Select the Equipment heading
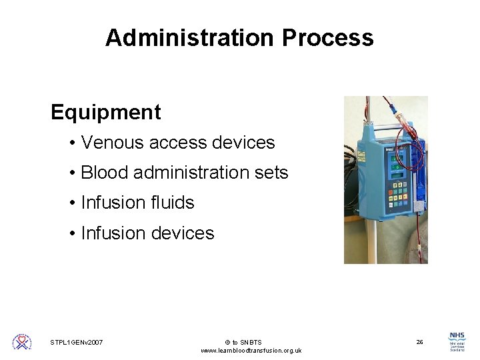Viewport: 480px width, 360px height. point(105,112)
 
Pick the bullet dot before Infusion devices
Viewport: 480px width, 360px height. point(71,233)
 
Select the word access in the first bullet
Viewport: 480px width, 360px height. point(179,143)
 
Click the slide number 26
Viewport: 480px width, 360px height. point(419,342)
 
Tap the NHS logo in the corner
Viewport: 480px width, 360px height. point(457,342)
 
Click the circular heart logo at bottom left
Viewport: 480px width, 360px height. point(22,342)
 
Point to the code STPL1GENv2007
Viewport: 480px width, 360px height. point(77,343)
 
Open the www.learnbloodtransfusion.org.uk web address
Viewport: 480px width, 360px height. point(251,351)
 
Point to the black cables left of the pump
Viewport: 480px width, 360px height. point(351,167)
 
